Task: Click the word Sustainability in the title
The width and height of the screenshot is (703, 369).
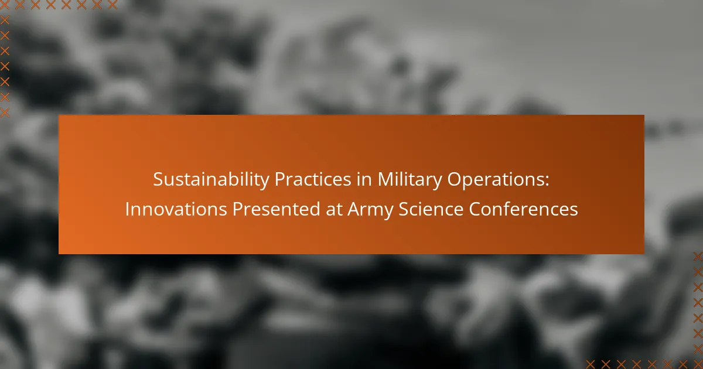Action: pyautogui.click(x=211, y=179)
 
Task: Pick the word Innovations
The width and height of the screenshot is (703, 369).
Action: pyautogui.click(x=176, y=209)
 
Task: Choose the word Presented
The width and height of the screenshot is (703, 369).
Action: pyautogui.click(x=276, y=209)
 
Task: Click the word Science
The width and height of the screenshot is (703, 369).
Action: pyautogui.click(x=431, y=209)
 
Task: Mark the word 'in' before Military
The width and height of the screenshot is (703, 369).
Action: pyautogui.click(x=364, y=179)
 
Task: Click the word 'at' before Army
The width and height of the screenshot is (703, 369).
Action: pyautogui.click(x=334, y=210)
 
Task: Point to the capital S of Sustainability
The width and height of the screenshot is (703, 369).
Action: pyautogui.click(x=159, y=179)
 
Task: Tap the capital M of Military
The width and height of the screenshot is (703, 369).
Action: pyautogui.click(x=385, y=179)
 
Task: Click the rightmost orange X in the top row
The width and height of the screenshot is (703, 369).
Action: pyautogui.click(x=112, y=5)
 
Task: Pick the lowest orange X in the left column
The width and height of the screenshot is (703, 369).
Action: pyautogui.click(x=5, y=112)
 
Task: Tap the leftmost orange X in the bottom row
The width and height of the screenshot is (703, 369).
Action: pyautogui.click(x=590, y=364)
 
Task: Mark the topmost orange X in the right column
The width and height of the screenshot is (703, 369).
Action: pyautogui.click(x=698, y=257)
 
